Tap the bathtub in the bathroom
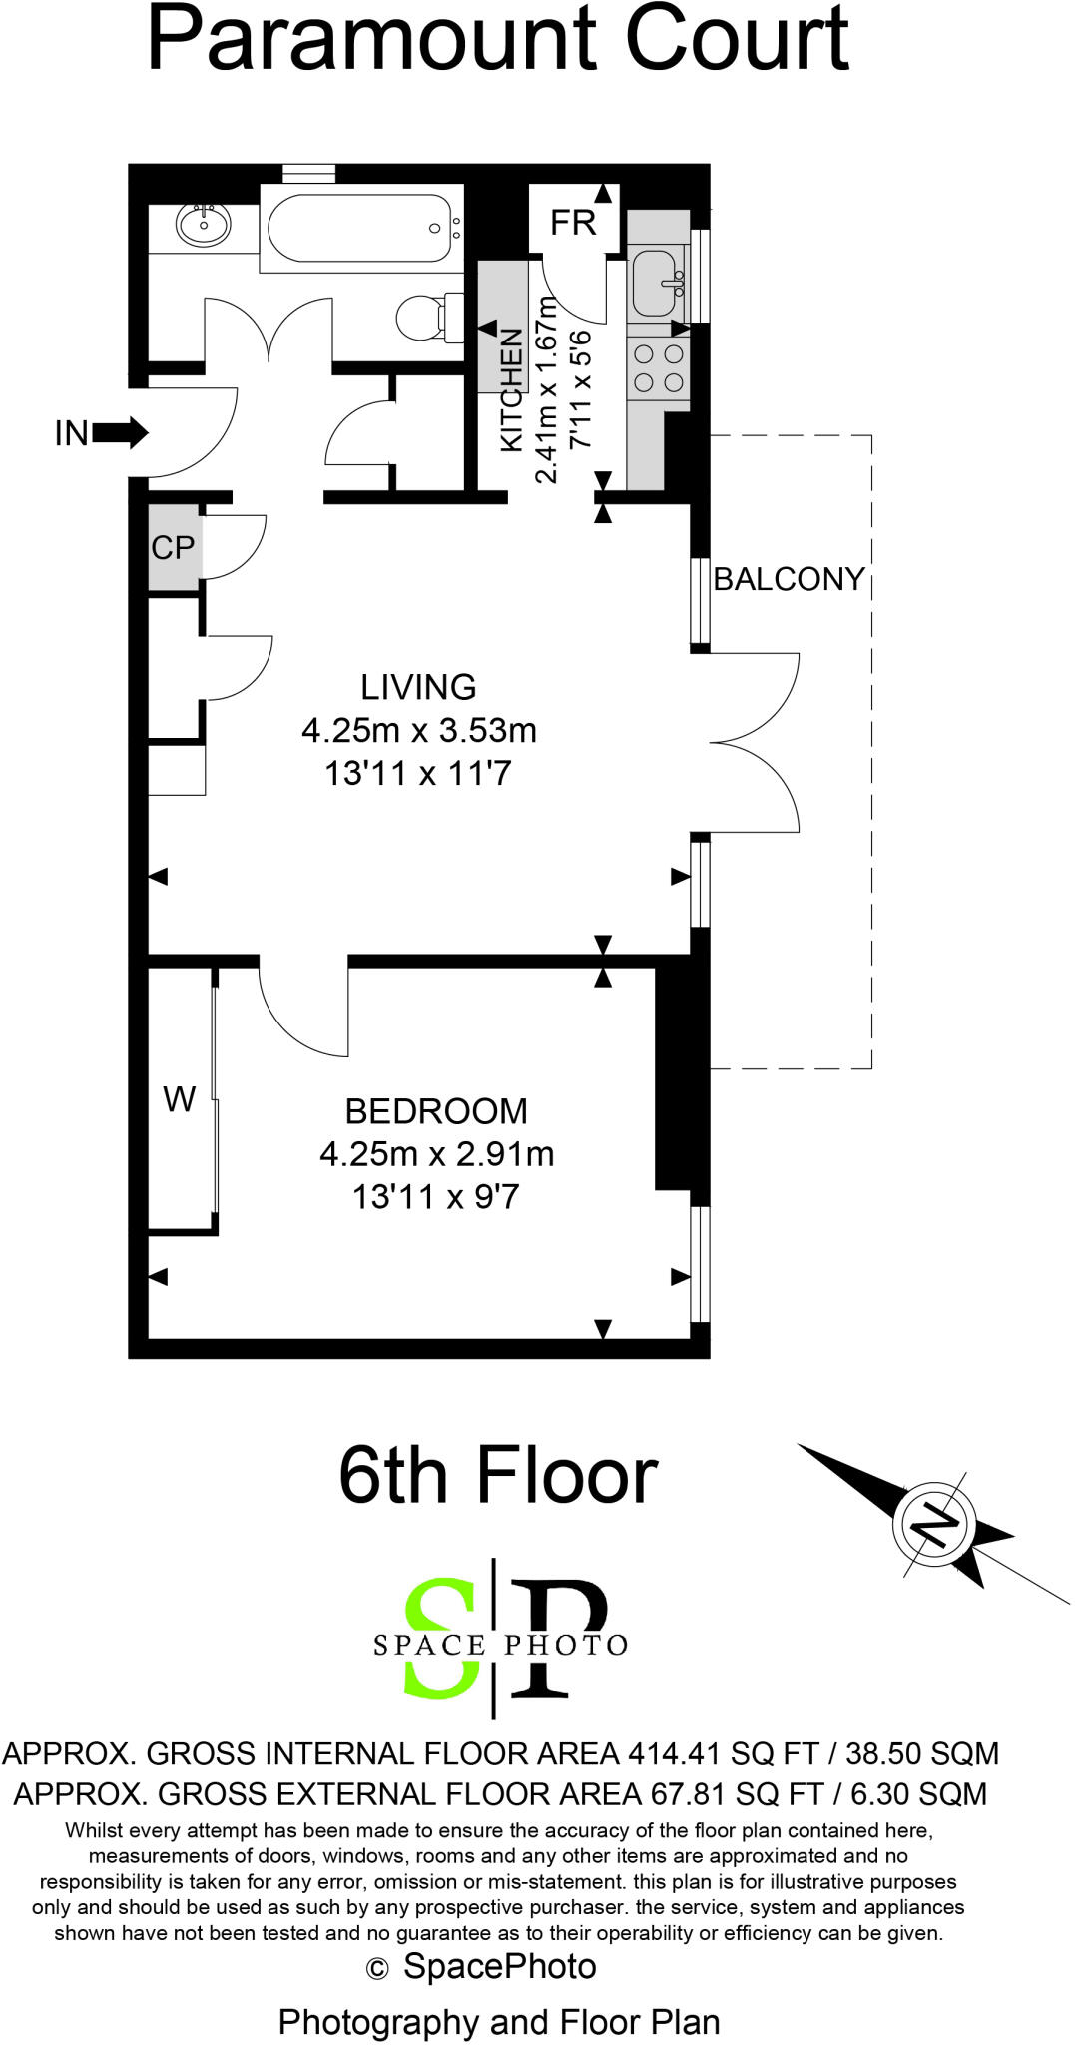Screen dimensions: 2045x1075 tap(359, 229)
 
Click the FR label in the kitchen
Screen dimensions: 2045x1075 tap(573, 222)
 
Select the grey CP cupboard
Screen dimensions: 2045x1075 tap(173, 547)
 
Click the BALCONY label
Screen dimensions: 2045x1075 tap(789, 579)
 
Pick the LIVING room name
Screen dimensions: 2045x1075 tap(418, 687)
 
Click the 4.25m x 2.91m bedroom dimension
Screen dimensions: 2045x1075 tap(436, 1154)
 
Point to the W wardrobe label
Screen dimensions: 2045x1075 tap(179, 1099)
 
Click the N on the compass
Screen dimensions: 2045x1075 tap(935, 1524)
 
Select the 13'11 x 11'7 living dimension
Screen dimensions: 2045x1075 tap(417, 773)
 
